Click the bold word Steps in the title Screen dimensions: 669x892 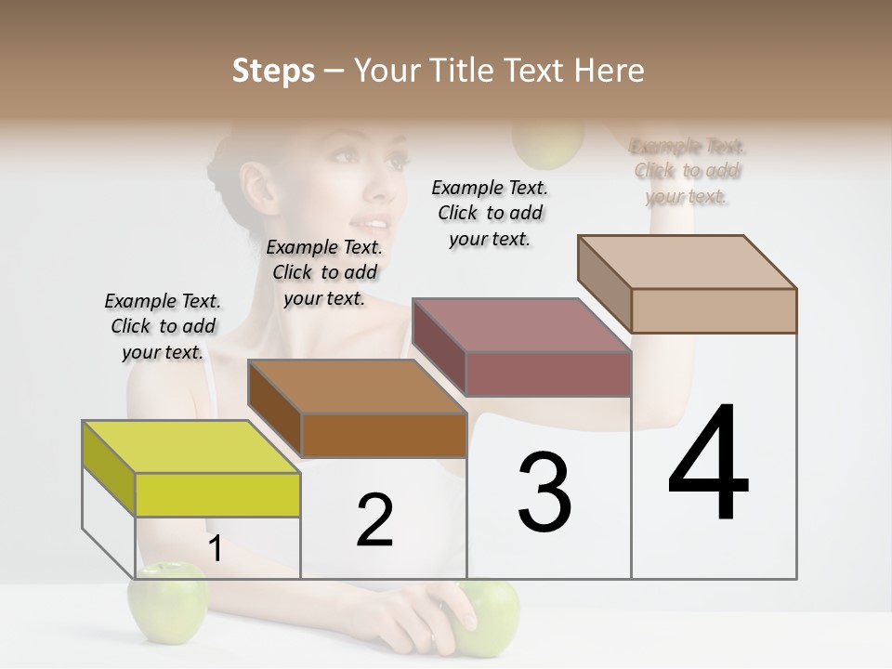(x=273, y=71)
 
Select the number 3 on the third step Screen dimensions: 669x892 (x=544, y=492)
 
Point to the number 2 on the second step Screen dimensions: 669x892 (x=374, y=520)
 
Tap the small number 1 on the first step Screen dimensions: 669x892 (x=215, y=549)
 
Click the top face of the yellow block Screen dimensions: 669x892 (x=190, y=447)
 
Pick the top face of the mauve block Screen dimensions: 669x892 (x=521, y=324)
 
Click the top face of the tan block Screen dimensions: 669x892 (x=688, y=261)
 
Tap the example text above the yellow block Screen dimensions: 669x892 (x=163, y=326)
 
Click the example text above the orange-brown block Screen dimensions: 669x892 (x=324, y=272)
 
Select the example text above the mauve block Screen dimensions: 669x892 (x=490, y=213)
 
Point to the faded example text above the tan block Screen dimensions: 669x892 (x=688, y=171)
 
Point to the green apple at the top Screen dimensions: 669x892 (x=548, y=144)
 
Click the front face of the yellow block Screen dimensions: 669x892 (x=217, y=494)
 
